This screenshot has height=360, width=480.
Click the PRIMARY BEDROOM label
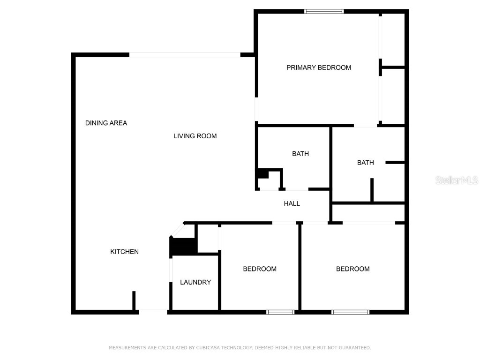319,67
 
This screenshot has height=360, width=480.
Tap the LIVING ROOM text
195,136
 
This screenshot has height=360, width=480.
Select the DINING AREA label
106,123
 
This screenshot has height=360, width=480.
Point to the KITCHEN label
124,252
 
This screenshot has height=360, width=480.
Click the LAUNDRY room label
195,282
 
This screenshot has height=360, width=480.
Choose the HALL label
292,203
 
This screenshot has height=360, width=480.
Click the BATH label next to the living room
300,154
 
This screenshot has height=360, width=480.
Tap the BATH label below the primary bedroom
366,163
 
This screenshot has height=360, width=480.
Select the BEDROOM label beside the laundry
260,269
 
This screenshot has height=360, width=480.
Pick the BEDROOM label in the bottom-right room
352,269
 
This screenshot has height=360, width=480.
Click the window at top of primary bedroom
324,11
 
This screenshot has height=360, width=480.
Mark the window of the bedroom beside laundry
280,312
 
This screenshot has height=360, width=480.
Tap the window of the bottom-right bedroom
350,312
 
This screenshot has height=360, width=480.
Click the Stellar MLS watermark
457,180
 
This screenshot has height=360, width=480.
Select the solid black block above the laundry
183,247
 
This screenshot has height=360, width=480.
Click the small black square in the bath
262,174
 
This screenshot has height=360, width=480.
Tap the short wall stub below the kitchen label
134,300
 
